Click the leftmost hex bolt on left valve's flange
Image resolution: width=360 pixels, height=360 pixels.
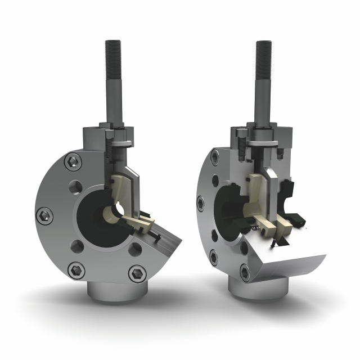46,214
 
